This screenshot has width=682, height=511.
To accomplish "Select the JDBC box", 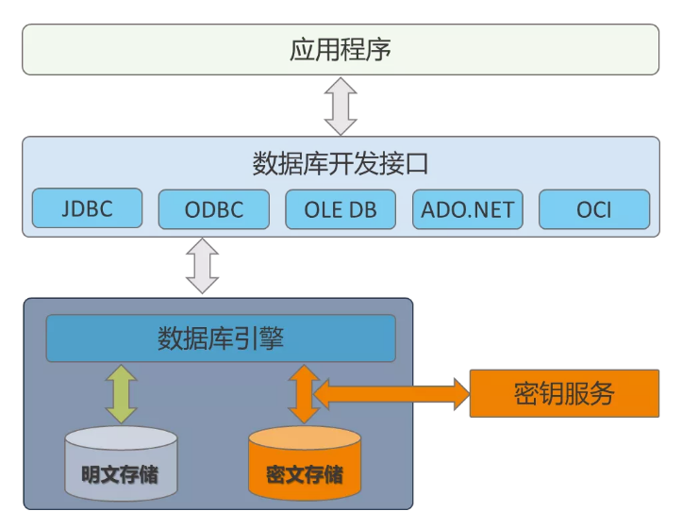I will (x=87, y=208).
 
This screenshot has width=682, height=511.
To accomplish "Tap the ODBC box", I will (x=213, y=209).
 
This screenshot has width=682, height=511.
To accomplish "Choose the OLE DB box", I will (x=341, y=209).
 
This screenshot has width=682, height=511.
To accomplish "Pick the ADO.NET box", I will (x=467, y=209).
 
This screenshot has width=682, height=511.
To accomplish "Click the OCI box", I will (x=594, y=209).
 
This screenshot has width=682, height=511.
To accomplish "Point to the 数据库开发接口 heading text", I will (x=341, y=163).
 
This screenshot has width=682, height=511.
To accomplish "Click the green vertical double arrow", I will (x=121, y=393).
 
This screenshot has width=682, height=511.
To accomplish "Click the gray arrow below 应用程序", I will (x=340, y=106).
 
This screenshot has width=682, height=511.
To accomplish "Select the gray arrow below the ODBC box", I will (x=202, y=266).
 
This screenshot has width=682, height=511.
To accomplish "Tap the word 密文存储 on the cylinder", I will (x=304, y=473).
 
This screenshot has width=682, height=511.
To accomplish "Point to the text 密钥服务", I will (x=563, y=393).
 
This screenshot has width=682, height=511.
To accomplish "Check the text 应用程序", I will (x=341, y=49).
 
